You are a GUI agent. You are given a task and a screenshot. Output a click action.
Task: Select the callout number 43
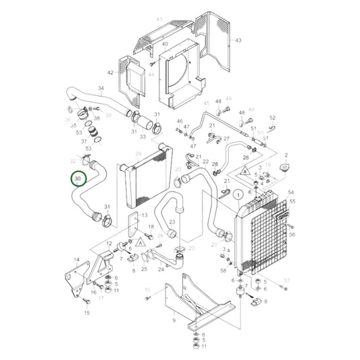click(238, 41)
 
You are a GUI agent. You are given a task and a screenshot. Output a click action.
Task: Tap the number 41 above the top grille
click(159, 20)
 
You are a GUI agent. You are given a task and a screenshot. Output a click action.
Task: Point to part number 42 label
click(111, 72)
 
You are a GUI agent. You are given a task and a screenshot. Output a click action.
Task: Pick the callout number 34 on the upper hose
click(101, 88)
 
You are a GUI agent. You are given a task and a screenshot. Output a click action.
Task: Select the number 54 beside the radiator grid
click(292, 192)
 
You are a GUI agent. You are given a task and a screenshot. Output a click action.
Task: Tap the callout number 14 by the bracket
click(76, 260)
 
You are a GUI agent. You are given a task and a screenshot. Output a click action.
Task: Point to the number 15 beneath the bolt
click(86, 313)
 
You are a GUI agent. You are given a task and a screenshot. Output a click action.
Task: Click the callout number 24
click(161, 269)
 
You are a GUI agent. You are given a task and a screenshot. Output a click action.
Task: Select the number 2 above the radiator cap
click(286, 155)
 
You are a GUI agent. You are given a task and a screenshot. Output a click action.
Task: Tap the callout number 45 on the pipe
click(206, 103)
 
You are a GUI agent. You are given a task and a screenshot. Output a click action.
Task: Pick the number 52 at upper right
click(273, 118)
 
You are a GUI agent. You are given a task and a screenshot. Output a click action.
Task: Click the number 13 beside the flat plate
click(144, 215)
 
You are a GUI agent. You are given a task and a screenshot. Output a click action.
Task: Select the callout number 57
click(286, 280)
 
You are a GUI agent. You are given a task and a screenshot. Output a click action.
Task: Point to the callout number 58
click(224, 270)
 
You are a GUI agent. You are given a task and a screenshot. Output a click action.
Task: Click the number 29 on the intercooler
click(138, 154)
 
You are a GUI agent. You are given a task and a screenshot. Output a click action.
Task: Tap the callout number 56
click(292, 234)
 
